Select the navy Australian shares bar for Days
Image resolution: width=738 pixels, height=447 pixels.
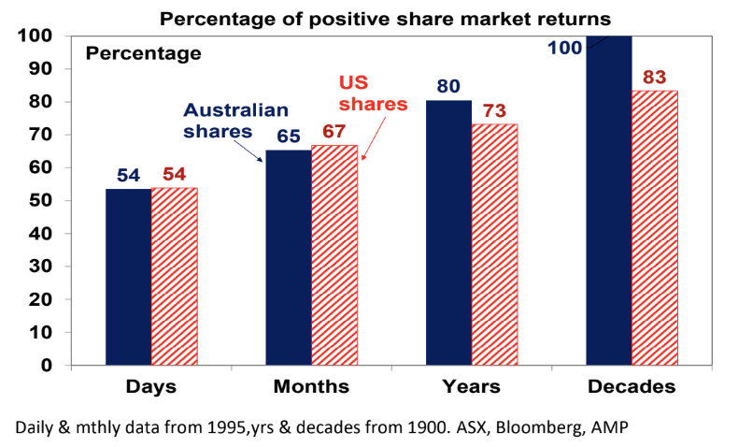click(128, 276)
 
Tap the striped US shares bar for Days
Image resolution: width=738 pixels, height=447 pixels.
click(175, 276)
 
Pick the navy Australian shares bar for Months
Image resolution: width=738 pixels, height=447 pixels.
click(289, 257)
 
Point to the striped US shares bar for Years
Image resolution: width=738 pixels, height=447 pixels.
click(495, 244)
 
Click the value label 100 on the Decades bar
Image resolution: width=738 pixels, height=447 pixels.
click(565, 46)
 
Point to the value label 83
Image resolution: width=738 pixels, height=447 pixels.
click(655, 73)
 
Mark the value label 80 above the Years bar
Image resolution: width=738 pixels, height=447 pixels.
click(448, 85)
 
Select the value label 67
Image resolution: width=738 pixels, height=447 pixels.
click(334, 130)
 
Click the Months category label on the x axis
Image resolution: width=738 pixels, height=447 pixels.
click(312, 386)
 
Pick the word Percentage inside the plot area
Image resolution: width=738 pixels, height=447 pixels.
click(143, 53)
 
